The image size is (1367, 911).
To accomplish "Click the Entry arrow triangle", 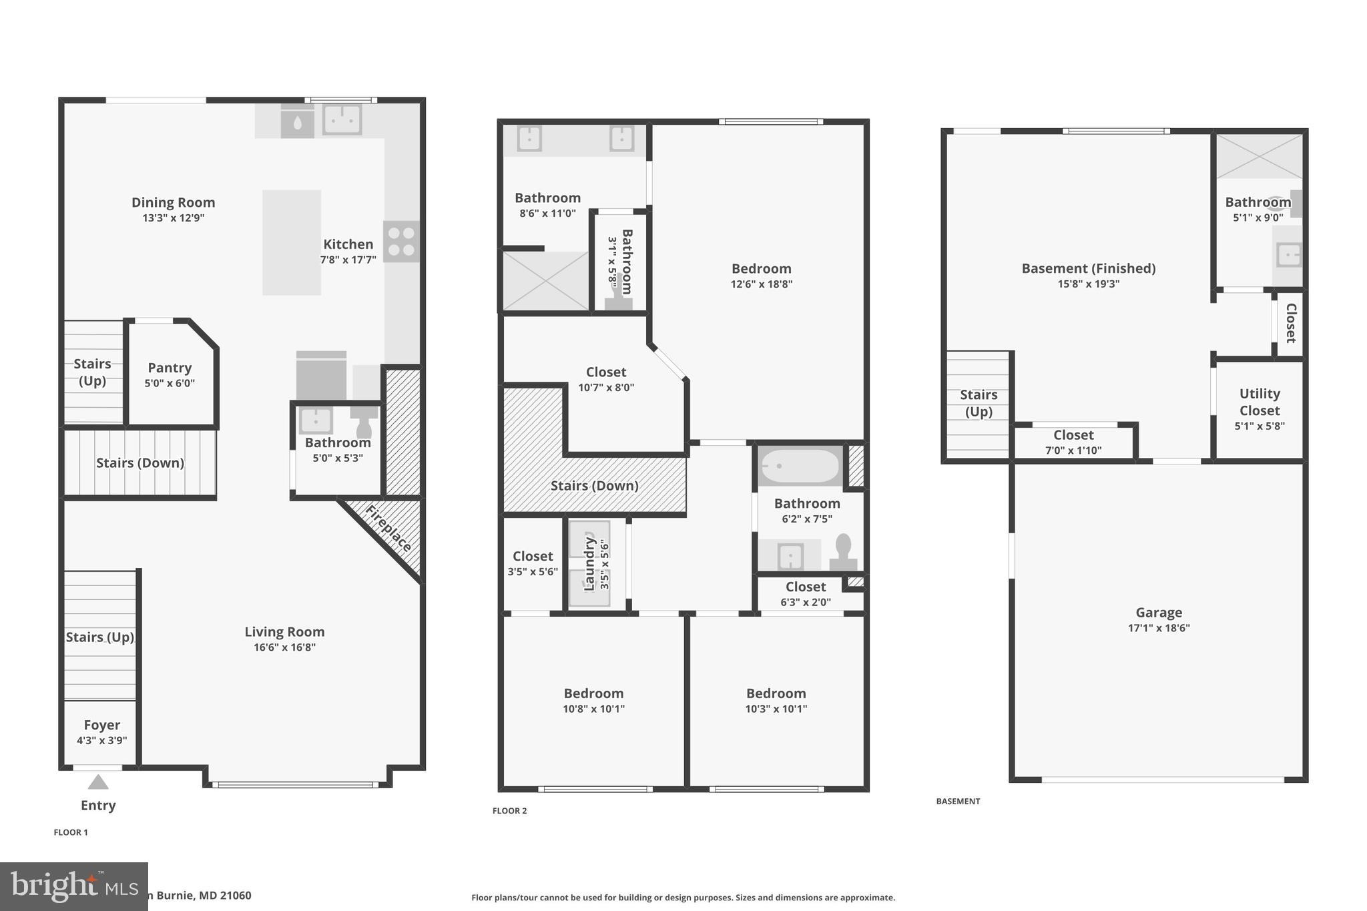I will pyautogui.click(x=98, y=782).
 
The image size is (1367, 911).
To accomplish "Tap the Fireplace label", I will pyautogui.click(x=388, y=529).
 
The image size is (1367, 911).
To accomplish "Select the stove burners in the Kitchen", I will pyautogui.click(x=401, y=242).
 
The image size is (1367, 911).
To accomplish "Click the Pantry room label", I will pyautogui.click(x=170, y=368).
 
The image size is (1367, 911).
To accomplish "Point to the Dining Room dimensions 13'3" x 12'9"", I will pyautogui.click(x=173, y=218).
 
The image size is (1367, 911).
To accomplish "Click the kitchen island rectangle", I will pyautogui.click(x=292, y=242).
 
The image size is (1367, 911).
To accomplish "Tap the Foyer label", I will pyautogui.click(x=101, y=725).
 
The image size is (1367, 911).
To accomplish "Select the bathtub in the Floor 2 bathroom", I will pyautogui.click(x=800, y=465).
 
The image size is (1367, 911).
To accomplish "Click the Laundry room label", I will pyautogui.click(x=589, y=564).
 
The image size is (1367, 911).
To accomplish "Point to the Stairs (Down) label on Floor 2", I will pyautogui.click(x=594, y=486).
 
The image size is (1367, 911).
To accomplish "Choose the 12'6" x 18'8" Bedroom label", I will pyautogui.click(x=761, y=269).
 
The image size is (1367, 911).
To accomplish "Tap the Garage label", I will pyautogui.click(x=1158, y=613).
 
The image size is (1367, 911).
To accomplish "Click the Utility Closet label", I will pyautogui.click(x=1259, y=402).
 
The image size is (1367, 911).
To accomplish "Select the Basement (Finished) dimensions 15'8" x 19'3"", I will pyautogui.click(x=1088, y=284).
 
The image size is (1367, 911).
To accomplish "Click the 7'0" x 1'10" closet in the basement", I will pyautogui.click(x=1073, y=442).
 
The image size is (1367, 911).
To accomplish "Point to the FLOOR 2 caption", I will pyautogui.click(x=509, y=811).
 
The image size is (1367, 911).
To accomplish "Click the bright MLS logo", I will pyautogui.click(x=73, y=886).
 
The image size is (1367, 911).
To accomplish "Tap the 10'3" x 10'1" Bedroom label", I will pyautogui.click(x=776, y=693).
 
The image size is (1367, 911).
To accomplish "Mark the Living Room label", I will pyautogui.click(x=284, y=632).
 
